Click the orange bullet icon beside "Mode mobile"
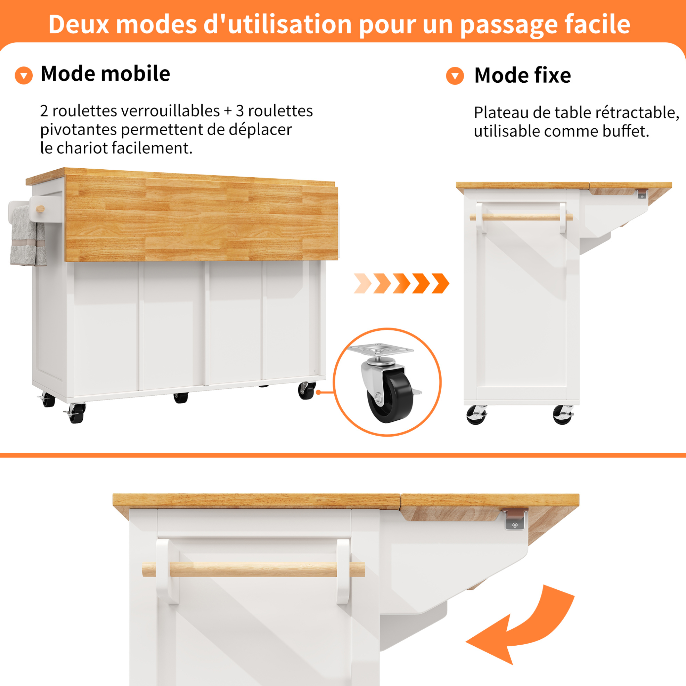[24, 75]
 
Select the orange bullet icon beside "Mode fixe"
[455, 76]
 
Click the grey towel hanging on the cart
[28, 235]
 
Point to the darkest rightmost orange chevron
[441, 283]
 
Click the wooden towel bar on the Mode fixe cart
[521, 217]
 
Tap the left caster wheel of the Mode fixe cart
[476, 415]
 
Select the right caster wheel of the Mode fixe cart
[563, 414]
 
